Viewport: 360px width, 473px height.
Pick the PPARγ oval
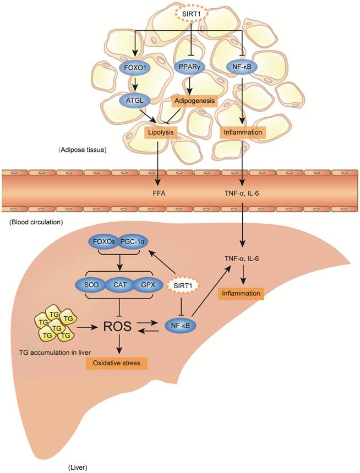coord(190,68)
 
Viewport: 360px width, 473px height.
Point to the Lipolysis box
coord(160,132)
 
